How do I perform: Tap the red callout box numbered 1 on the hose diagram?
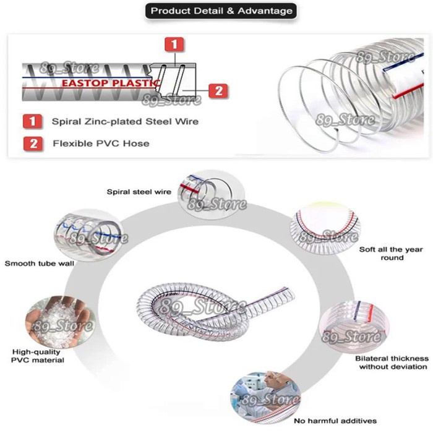click(x=175, y=45)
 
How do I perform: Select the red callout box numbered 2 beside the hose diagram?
click(x=218, y=91)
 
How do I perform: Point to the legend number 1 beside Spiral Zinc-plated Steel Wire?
click(x=32, y=121)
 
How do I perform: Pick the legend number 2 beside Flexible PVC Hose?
click(x=32, y=144)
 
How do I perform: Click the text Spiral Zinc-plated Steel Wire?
click(x=125, y=121)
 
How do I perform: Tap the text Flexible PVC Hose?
click(x=101, y=144)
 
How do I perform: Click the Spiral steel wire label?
click(x=139, y=192)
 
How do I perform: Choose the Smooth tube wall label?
click(x=40, y=264)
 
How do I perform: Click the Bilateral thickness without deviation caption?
click(x=391, y=362)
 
